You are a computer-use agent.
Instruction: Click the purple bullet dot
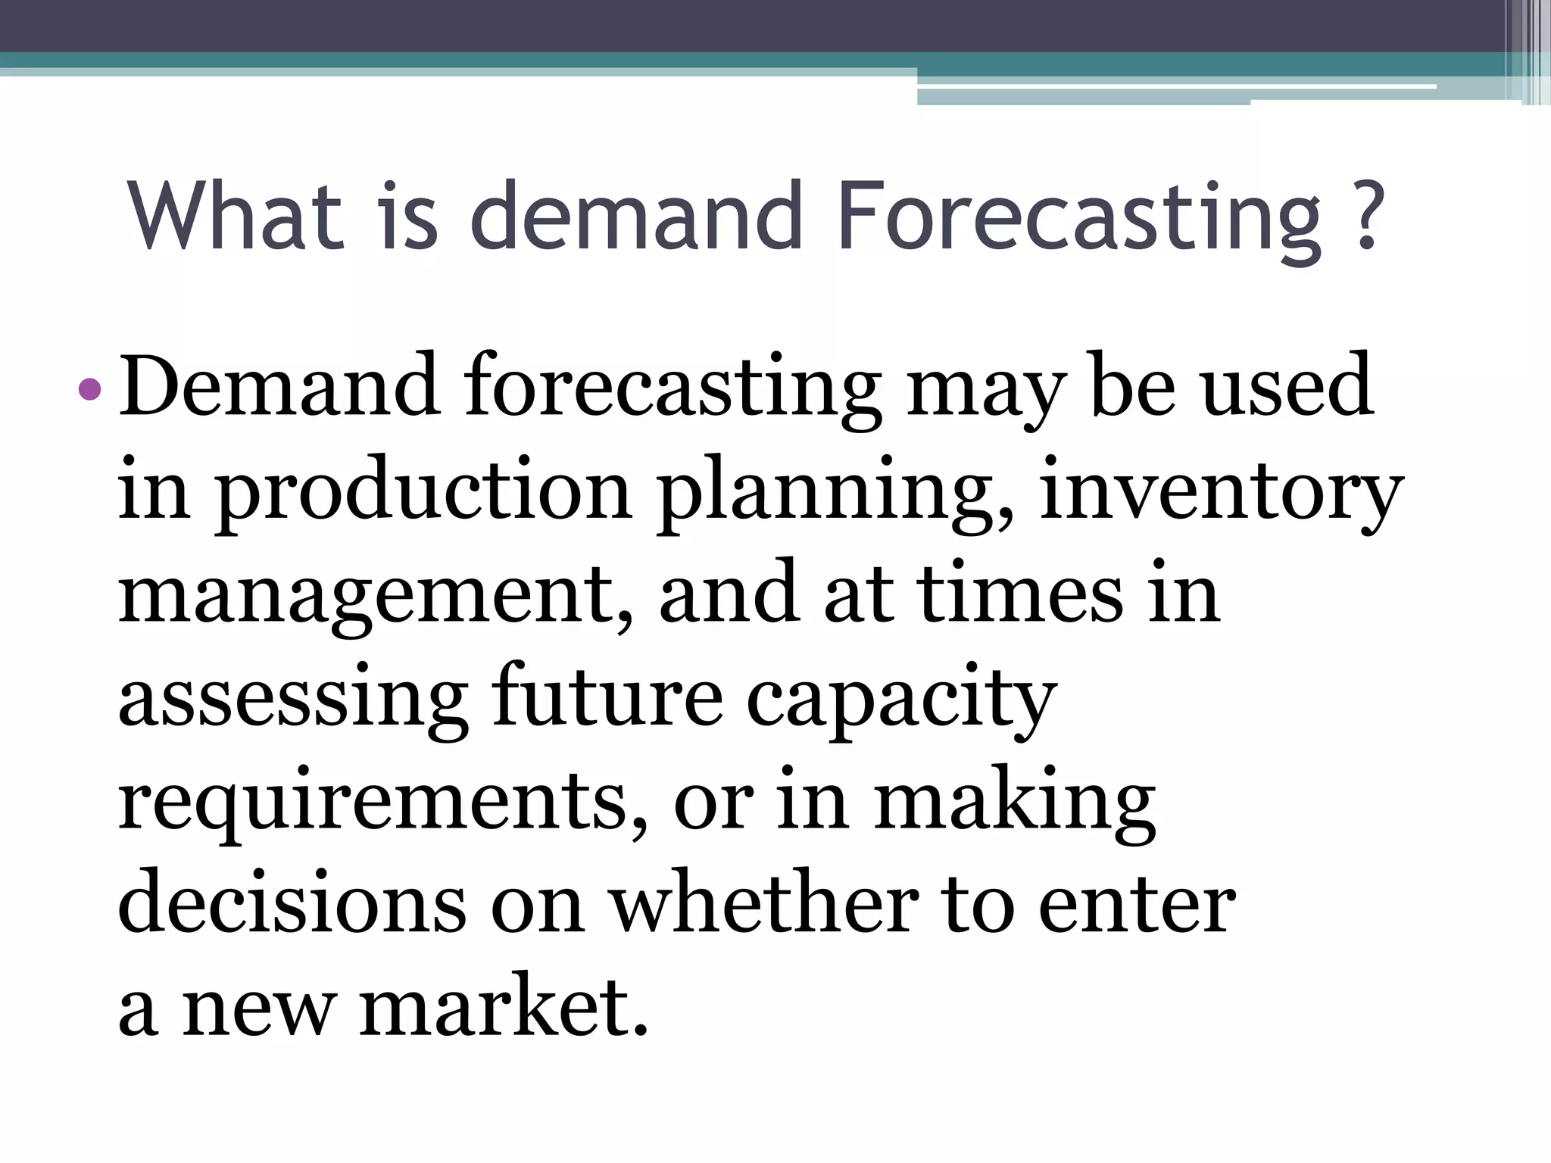(90, 389)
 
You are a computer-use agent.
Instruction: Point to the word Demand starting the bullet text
(279, 386)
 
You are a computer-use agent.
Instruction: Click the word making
(1015, 803)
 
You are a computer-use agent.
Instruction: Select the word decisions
(292, 905)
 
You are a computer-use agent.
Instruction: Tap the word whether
(765, 905)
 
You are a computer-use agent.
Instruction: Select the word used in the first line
(1287, 386)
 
